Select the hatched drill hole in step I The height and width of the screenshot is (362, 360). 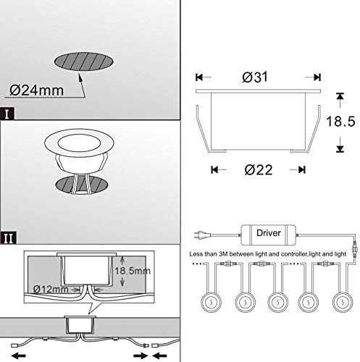[82, 62]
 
